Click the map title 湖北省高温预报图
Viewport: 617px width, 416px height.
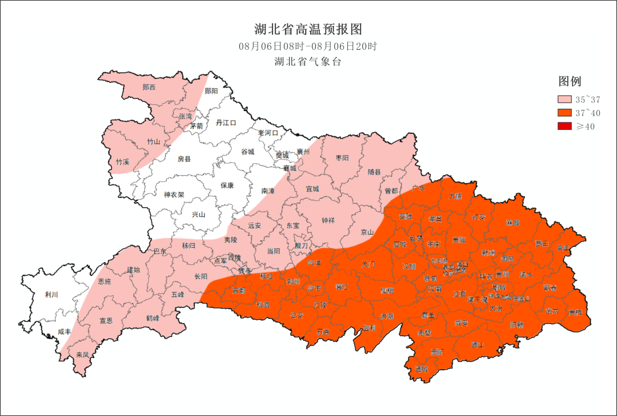click(308, 29)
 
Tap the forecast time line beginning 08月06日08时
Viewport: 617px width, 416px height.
click(308, 46)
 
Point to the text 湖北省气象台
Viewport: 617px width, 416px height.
click(308, 62)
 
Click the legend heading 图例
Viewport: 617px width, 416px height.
click(570, 81)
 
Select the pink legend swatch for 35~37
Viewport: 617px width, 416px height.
click(564, 100)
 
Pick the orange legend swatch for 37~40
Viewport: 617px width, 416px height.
click(564, 113)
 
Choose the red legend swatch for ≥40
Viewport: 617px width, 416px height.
click(564, 126)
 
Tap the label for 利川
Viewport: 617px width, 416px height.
click(52, 295)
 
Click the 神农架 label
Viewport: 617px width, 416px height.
click(174, 195)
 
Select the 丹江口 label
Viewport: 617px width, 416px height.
click(226, 123)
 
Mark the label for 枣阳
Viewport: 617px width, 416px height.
click(342, 157)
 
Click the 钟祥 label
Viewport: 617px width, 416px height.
click(328, 220)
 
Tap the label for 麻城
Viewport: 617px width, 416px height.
click(513, 223)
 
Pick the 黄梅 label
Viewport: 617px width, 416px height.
click(575, 312)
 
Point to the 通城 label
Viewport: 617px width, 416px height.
click(422, 369)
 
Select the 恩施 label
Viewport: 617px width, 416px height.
click(105, 282)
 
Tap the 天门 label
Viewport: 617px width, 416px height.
click(368, 264)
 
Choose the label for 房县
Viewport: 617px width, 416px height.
click(184, 159)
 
